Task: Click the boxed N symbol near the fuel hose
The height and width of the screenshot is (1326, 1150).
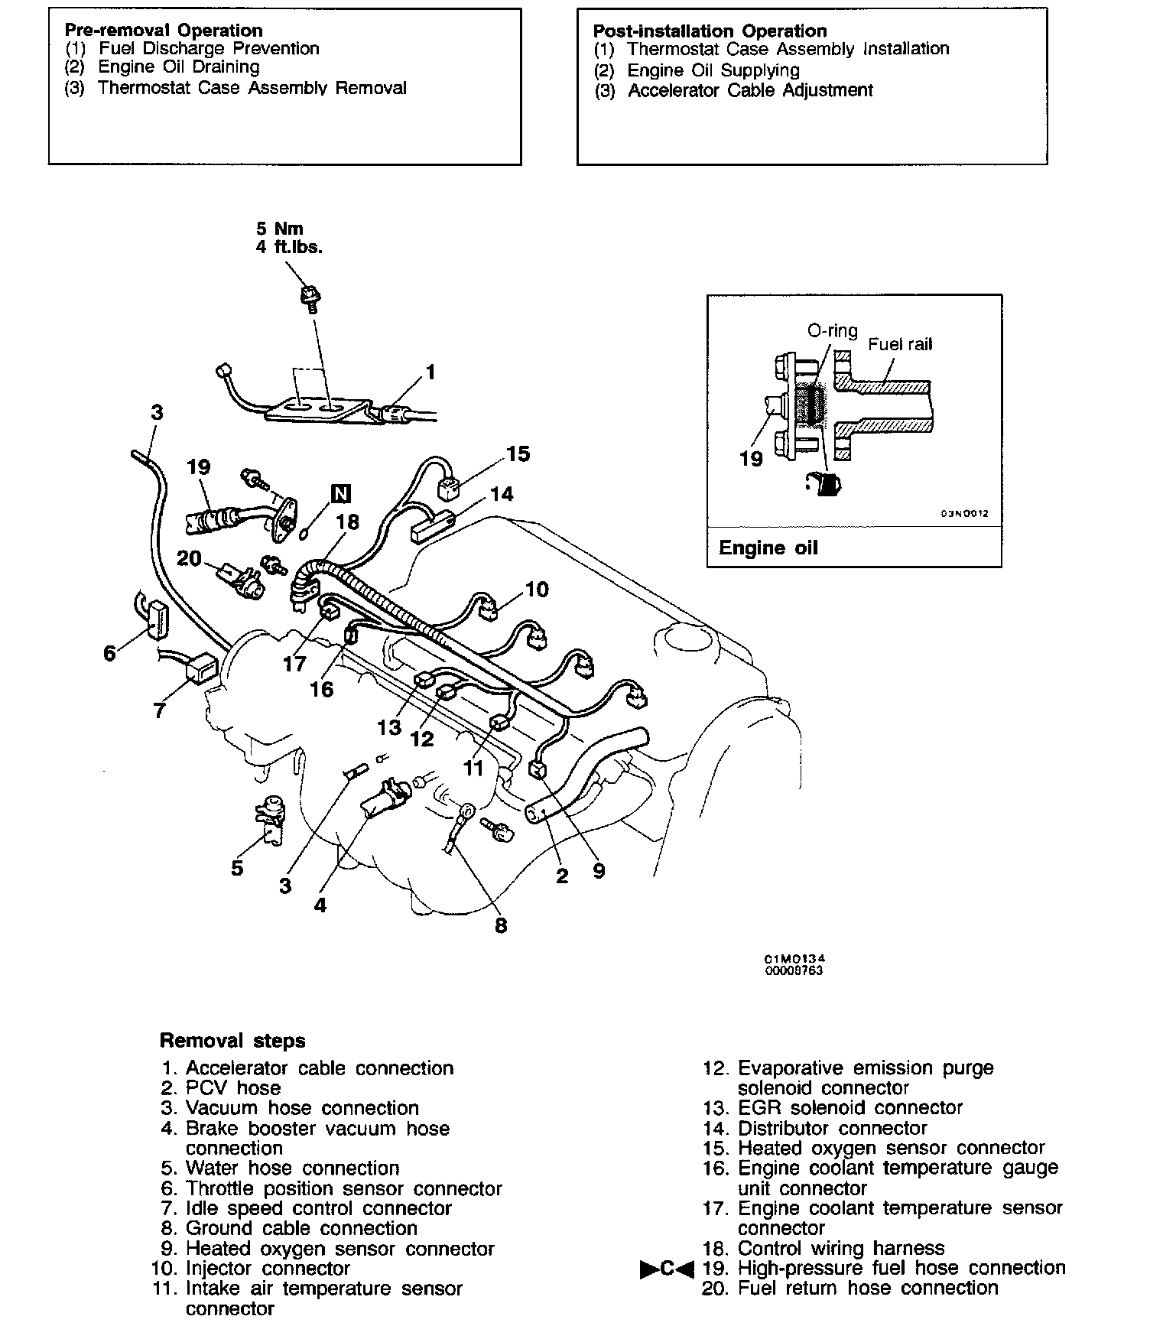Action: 340,494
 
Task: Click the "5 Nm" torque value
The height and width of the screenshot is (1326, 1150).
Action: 279,228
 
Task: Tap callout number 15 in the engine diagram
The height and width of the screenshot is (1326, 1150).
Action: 518,453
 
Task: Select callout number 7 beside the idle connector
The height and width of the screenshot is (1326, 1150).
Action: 159,711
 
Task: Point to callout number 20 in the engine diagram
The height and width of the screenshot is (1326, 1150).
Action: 189,558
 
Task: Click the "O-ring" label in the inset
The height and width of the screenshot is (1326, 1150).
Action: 833,331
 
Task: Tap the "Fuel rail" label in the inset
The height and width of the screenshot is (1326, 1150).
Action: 900,344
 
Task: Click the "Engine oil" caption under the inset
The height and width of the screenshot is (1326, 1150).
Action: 768,548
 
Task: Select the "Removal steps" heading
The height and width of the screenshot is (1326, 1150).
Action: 232,1041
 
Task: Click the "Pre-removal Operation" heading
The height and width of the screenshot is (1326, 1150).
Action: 164,31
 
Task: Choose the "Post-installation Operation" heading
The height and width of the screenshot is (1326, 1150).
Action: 710,31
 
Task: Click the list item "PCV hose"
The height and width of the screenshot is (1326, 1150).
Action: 232,1087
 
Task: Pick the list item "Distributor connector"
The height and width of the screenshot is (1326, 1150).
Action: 832,1128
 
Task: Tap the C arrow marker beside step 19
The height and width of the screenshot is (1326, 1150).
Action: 667,1268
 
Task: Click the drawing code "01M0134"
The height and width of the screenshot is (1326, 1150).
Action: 795,959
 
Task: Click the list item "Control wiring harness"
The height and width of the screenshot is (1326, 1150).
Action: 841,1248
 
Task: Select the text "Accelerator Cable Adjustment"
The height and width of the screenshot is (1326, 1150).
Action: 750,90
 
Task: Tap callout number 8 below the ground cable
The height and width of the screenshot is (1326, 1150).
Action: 501,926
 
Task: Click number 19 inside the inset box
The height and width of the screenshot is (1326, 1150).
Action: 751,458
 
